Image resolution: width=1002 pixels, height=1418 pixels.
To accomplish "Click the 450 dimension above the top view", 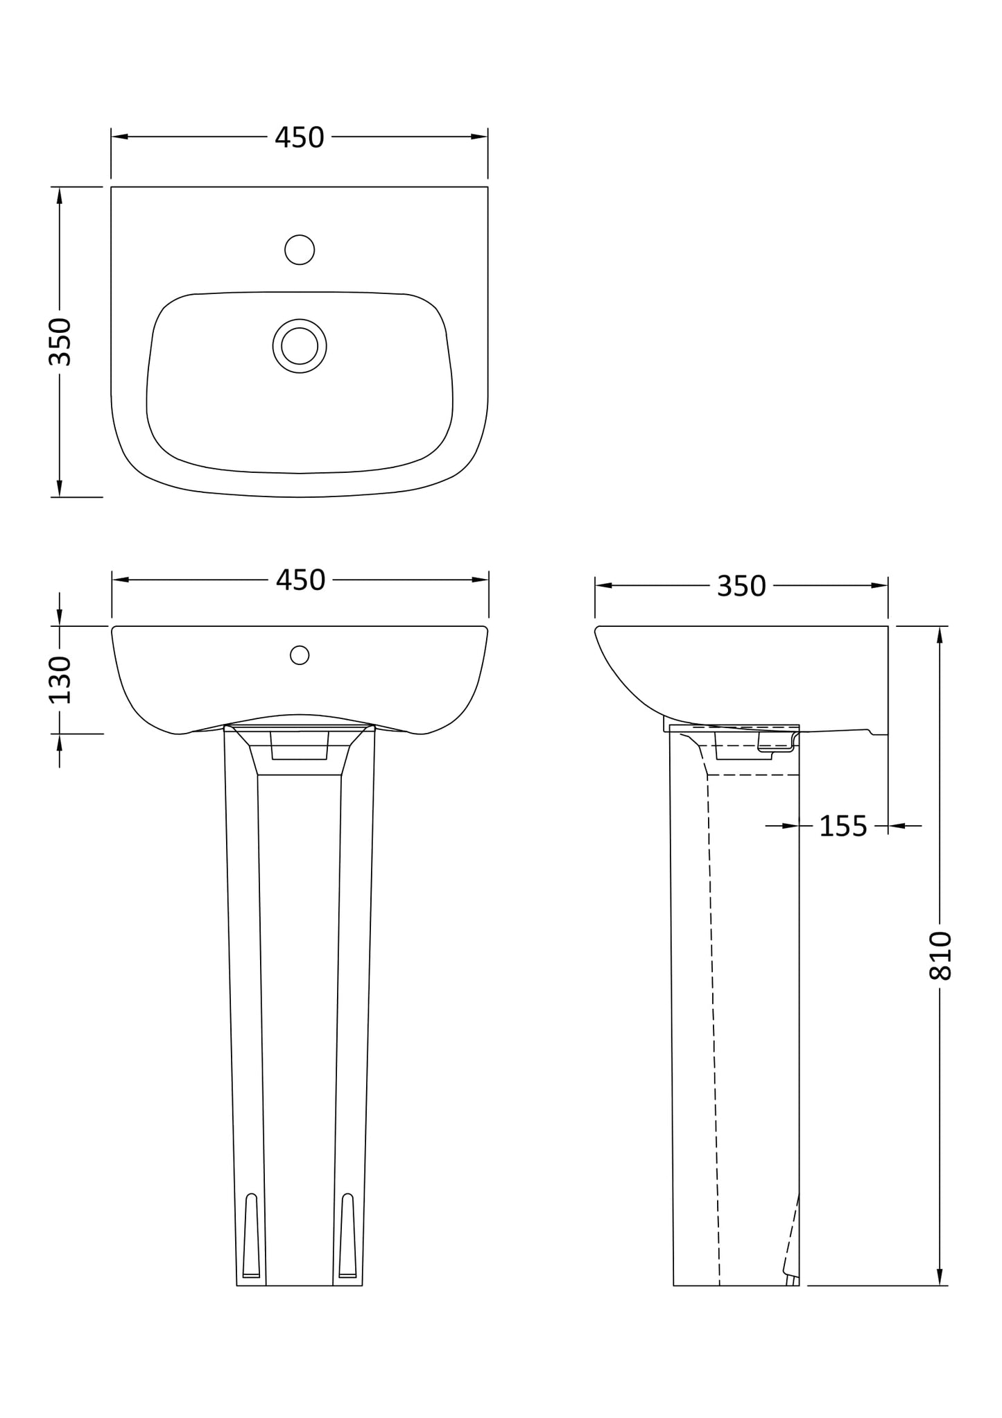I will pos(299,138).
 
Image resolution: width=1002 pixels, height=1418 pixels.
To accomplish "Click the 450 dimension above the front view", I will pos(300,580).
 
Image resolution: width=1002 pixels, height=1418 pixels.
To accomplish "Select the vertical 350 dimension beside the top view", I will pos(60,341).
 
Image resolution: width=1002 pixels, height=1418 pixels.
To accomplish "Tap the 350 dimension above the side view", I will pos(741,587).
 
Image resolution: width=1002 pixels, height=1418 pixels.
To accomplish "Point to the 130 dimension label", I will pos(60,680).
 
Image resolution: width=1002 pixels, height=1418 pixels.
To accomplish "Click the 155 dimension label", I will pos(843,827).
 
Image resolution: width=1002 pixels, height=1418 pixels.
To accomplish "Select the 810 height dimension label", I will pos(940,956).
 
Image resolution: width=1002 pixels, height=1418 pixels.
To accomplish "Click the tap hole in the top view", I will pos(300,250).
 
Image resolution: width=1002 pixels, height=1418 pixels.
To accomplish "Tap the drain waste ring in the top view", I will pos(300,346).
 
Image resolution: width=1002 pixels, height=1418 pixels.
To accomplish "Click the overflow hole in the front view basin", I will pos(300,655).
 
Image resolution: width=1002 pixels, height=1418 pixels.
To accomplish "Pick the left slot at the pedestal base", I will pos(251,1236).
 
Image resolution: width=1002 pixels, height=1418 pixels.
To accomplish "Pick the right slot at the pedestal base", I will pos(347,1236).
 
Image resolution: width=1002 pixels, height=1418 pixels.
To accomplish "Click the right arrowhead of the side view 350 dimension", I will pos(880,586).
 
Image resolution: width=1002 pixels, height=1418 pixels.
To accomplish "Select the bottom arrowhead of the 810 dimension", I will pos(940,1277).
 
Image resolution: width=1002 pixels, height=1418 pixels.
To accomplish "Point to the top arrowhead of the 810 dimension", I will pos(940,634).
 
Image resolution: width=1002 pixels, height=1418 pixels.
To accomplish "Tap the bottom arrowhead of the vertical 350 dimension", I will pos(60,488).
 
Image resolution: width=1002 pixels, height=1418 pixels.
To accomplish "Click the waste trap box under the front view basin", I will pos(299,746).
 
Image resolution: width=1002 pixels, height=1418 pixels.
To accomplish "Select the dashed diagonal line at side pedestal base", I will pos(791,1234).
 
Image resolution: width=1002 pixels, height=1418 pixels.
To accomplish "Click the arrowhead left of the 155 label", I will pos(791,826).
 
